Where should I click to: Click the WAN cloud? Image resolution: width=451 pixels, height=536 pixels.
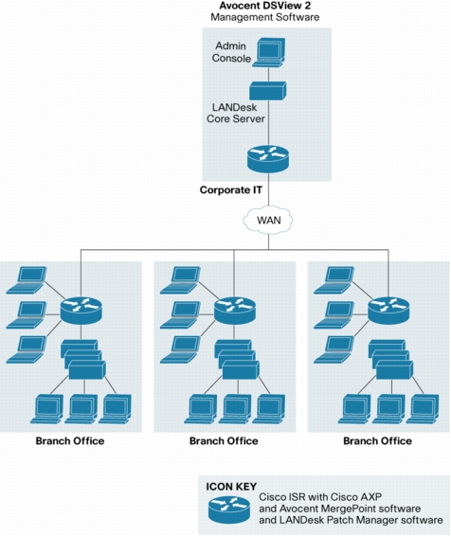pos(268,220)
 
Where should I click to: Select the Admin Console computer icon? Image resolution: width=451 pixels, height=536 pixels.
pos(268,52)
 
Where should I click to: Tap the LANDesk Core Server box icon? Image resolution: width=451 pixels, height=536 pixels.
pos(268,91)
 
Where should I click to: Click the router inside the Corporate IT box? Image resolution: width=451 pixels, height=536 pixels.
pos(268,158)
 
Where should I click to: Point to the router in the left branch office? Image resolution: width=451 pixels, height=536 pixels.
pos(81,310)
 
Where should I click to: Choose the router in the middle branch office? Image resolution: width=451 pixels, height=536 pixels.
pos(235,310)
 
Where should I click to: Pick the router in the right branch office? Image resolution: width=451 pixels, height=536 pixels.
pos(388,310)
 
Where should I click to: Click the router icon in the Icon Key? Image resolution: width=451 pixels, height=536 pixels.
pos(229,509)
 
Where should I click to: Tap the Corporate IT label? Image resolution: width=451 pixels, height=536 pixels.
pos(231,190)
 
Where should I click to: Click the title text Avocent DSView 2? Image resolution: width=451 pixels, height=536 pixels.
pos(265,6)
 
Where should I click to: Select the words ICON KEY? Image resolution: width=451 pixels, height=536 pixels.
pos(231,487)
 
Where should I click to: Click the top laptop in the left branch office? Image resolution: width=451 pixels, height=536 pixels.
pos(27,280)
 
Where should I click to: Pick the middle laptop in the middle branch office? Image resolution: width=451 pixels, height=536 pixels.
pos(181,314)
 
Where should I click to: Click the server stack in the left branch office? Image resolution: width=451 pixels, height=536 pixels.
pos(83,359)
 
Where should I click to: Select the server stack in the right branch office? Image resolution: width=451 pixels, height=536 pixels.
pos(390,359)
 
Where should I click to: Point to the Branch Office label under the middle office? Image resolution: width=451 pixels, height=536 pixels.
pos(224,441)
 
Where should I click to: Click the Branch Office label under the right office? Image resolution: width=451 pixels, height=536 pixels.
pos(377,441)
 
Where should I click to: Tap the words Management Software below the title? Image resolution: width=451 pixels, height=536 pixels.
pos(265,17)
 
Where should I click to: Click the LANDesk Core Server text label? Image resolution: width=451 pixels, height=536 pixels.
pos(236,113)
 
